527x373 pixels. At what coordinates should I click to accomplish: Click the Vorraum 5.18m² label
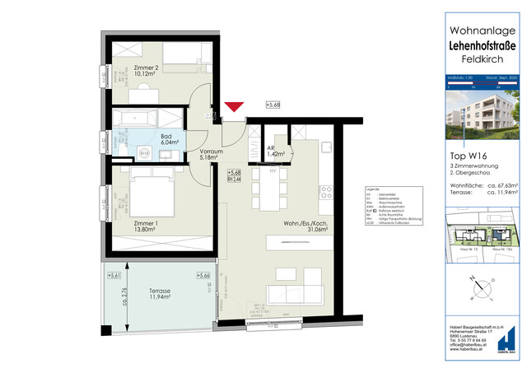[213, 156]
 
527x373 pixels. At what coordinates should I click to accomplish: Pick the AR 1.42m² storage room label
[276, 151]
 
